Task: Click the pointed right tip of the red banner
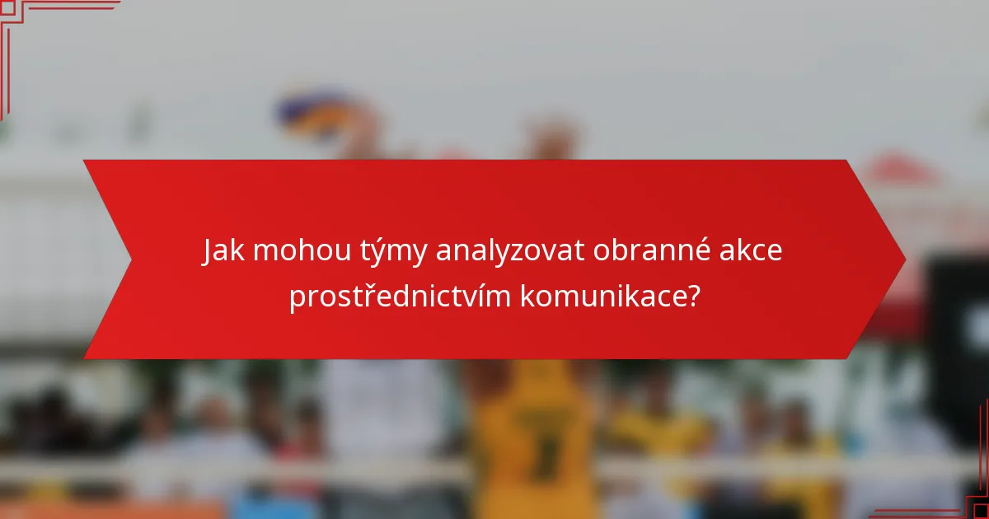tap(904, 259)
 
